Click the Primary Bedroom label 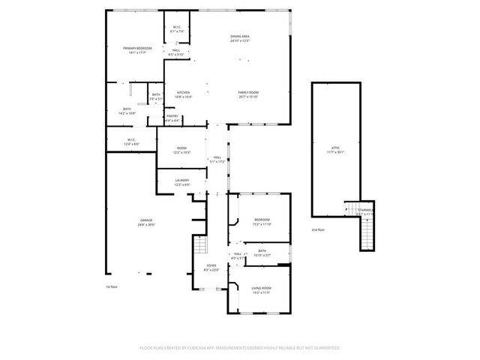pos(134,49)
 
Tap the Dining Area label pos(239,37)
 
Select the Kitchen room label pos(184,94)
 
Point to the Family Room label pos(248,94)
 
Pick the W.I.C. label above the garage pos(130,140)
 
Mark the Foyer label pos(211,267)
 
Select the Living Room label pos(261,289)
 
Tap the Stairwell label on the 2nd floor pos(365,211)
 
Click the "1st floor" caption pos(112,287)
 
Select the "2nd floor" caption pos(319,229)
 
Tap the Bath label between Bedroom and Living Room pos(262,253)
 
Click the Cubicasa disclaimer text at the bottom pos(240,348)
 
